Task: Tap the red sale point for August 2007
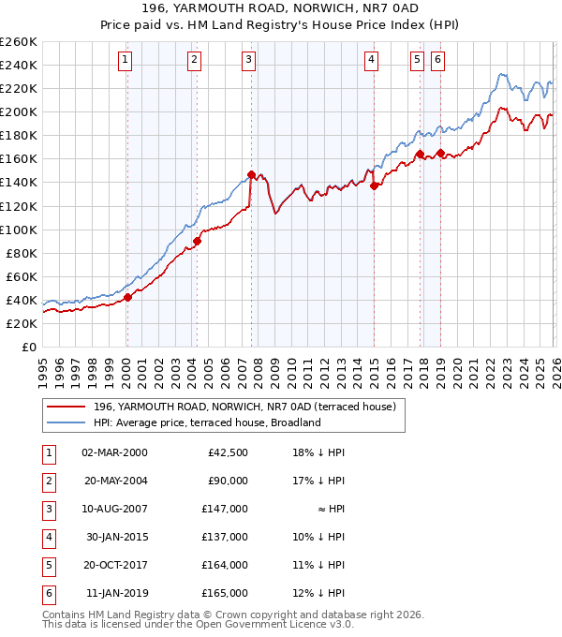coord(251,174)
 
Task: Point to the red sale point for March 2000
coord(127,297)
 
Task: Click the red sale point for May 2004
coord(198,241)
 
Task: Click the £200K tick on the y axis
coord(19,111)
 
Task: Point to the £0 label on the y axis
coord(28,347)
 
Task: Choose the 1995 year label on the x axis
coord(42,370)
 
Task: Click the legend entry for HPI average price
coord(206,422)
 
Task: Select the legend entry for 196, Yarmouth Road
coord(244,407)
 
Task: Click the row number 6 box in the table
coord(47,593)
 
